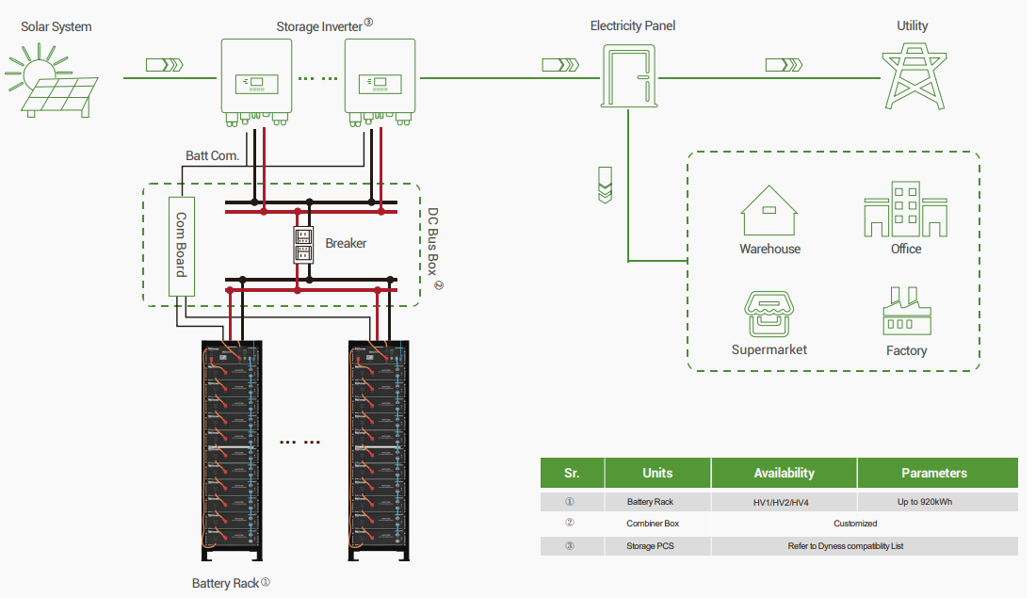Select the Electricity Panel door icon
[x=627, y=77]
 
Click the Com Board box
[x=181, y=245]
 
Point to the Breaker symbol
[x=303, y=245]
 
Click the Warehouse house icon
[x=769, y=211]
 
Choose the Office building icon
[x=905, y=210]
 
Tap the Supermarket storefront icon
[x=769, y=313]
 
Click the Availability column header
[x=784, y=473]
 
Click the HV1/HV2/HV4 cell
[x=784, y=503]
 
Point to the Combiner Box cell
[x=653, y=524]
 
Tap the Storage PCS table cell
[x=653, y=546]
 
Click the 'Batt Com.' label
[x=213, y=155]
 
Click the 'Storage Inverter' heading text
[x=318, y=26]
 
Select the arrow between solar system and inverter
[x=165, y=65]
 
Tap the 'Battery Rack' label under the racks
[x=225, y=584]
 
